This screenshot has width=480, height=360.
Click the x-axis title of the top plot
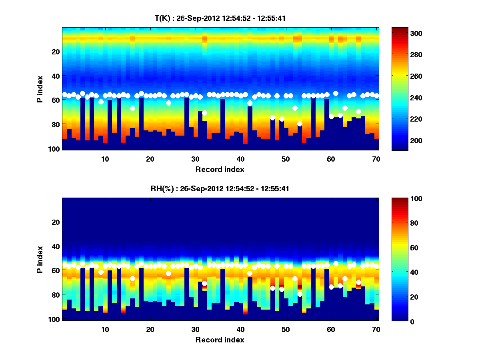click(220, 169)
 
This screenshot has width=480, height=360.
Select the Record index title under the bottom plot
click(220, 340)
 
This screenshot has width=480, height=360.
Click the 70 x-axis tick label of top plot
click(376, 159)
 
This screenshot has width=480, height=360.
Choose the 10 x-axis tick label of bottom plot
click(105, 329)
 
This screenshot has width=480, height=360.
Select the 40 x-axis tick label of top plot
click(240, 159)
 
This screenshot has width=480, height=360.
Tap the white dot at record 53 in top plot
click(300, 124)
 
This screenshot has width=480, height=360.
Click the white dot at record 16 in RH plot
click(132, 278)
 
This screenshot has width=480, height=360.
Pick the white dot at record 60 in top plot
click(331, 116)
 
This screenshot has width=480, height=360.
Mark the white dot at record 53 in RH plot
click(300, 294)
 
